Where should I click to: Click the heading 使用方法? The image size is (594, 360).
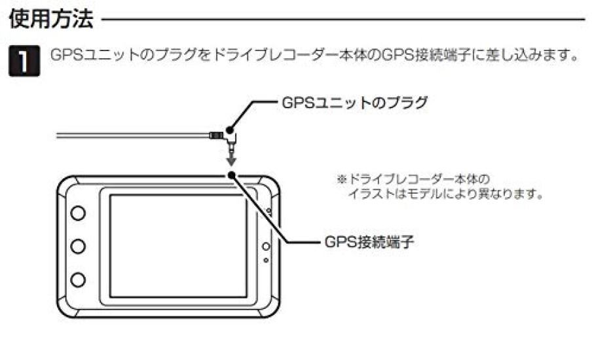click(50, 18)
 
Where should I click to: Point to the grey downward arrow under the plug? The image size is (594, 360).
click(231, 160)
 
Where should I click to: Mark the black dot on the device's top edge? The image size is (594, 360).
click(231, 175)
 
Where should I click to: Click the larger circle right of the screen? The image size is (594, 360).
click(267, 246)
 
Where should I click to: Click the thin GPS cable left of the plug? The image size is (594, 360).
click(131, 135)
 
